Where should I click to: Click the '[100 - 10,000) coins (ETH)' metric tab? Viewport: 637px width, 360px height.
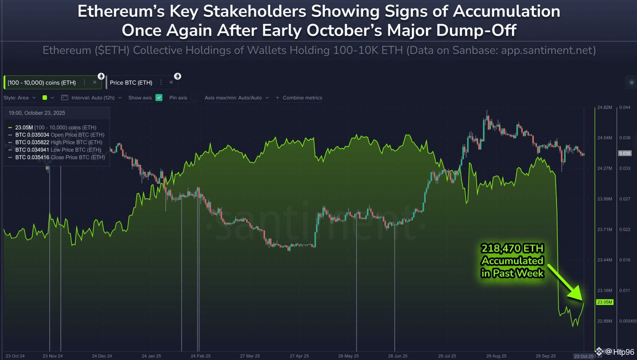tap(42, 82)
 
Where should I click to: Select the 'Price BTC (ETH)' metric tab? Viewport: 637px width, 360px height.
tap(131, 82)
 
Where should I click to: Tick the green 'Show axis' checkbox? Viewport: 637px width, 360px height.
tap(159, 98)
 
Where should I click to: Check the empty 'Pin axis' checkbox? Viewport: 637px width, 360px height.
tap(194, 98)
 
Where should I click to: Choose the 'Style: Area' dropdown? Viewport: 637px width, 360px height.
tap(19, 98)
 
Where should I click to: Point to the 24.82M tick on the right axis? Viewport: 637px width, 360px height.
tap(604, 107)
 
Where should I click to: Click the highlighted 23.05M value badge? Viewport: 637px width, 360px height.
tap(604, 302)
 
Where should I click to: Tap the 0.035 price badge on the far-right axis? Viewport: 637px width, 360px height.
tap(624, 153)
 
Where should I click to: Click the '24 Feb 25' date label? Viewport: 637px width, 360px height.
tap(200, 356)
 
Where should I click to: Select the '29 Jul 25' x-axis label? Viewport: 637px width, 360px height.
tap(447, 356)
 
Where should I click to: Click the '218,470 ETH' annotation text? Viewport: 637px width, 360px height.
tap(512, 248)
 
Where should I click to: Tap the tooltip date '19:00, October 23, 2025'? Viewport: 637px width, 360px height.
tap(37, 113)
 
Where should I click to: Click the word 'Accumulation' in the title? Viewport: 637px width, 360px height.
tap(506, 11)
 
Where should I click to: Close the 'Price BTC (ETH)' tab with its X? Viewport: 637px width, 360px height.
tap(171, 82)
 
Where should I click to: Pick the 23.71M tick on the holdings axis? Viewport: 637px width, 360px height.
tap(604, 229)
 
